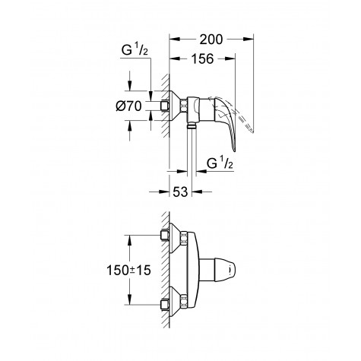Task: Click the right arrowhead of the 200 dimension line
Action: point(249,36)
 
